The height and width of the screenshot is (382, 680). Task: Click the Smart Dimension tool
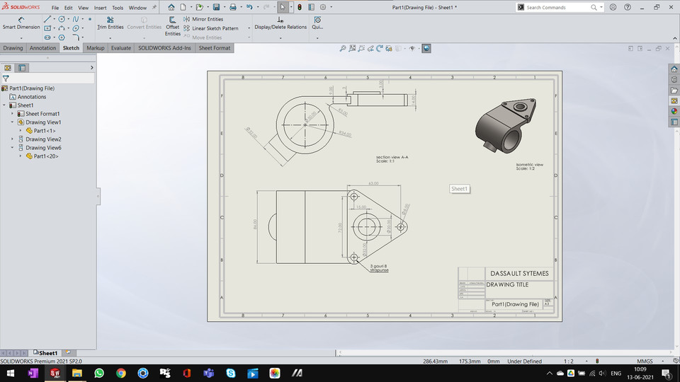click(x=21, y=23)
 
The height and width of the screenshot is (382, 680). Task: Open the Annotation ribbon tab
click(x=42, y=48)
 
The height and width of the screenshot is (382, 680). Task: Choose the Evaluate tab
click(x=120, y=48)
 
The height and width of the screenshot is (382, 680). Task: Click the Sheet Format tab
click(x=214, y=48)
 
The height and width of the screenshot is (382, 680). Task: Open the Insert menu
click(x=101, y=8)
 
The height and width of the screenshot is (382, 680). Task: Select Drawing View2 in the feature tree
click(x=43, y=139)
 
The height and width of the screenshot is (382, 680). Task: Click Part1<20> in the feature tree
click(x=46, y=156)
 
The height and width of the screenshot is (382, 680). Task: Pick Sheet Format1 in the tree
click(x=42, y=114)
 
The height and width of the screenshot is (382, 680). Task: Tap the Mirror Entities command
click(x=207, y=19)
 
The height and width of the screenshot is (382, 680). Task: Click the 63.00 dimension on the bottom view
click(x=373, y=183)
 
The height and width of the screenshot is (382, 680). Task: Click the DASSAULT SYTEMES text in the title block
click(x=518, y=273)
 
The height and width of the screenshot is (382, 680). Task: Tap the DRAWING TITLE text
click(x=508, y=284)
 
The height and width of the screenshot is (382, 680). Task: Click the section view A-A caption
click(x=392, y=157)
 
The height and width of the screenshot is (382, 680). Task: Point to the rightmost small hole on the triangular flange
click(x=401, y=227)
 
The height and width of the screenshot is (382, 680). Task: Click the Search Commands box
click(x=561, y=8)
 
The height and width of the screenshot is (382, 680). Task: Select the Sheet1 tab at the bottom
click(x=47, y=353)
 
